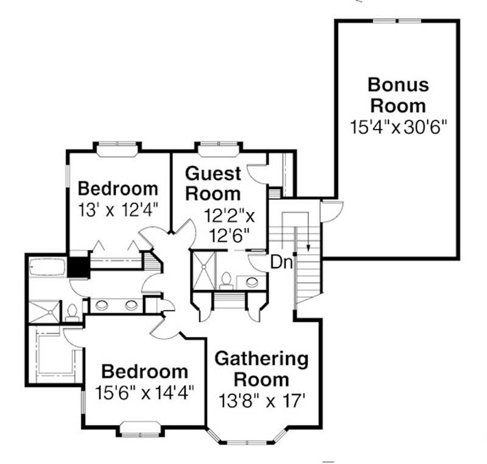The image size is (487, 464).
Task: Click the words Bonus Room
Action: (x=398, y=94)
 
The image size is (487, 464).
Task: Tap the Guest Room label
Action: (x=212, y=183)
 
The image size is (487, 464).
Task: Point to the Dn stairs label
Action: (x=281, y=263)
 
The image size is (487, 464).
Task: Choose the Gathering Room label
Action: (x=262, y=369)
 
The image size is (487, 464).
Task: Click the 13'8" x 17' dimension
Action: (x=262, y=401)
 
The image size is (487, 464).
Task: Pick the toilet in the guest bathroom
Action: (x=226, y=280)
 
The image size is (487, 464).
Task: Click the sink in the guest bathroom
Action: (x=251, y=282)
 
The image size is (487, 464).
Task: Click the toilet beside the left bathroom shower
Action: (x=71, y=311)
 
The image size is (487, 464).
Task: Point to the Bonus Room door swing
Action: (x=329, y=212)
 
